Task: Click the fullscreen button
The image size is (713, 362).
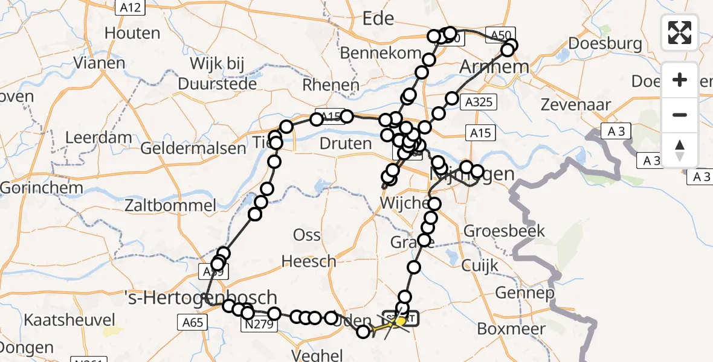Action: click(680, 33)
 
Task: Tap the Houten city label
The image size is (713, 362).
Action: click(132, 33)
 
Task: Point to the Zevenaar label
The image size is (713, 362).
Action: click(576, 105)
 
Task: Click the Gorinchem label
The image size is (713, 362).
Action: click(42, 188)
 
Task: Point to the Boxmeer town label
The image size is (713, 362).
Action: click(511, 329)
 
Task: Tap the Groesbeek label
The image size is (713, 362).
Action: click(505, 230)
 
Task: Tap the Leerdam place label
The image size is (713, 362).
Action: click(98, 138)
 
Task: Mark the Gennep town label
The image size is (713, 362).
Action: click(524, 294)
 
